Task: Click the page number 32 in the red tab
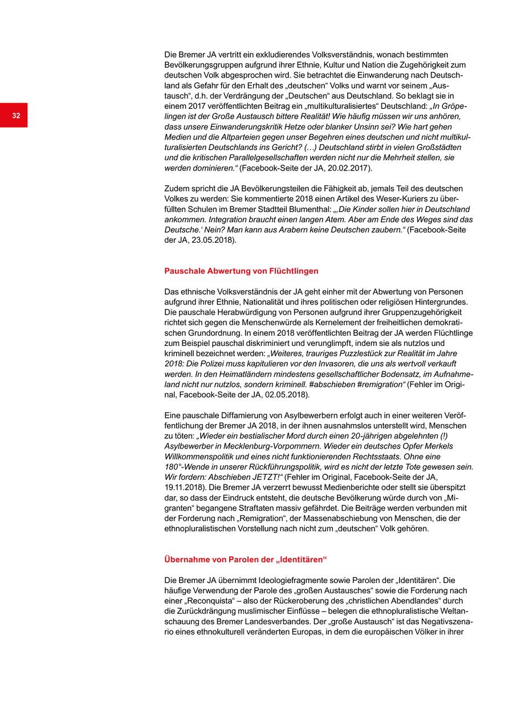point(16,116)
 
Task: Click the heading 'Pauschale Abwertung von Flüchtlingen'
point(241,271)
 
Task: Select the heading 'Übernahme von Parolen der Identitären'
point(245,560)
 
